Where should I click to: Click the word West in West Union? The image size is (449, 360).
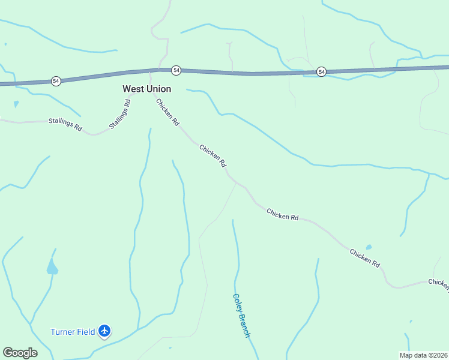coord(133,89)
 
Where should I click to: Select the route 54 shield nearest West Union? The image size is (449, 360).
coord(176,70)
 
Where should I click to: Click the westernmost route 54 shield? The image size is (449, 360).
coord(56,80)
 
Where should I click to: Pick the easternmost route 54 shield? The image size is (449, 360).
coord(322,72)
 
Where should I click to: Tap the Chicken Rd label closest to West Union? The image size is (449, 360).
coord(167,112)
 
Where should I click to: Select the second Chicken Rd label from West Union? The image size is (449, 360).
coord(212,155)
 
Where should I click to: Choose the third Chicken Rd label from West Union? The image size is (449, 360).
coord(282,214)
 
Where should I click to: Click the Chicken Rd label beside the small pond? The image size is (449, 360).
coord(365,257)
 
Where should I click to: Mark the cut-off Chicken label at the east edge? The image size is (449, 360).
coord(438,283)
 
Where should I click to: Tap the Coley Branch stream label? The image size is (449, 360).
coord(241,316)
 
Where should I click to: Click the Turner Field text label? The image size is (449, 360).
coord(73,332)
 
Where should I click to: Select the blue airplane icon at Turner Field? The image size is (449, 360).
coord(105,331)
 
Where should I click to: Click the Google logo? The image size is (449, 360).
coord(20,353)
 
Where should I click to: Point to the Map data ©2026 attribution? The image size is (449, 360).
coord(423,355)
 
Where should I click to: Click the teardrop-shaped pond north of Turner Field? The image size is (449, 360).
coord(52,267)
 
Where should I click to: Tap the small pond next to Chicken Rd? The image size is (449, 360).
coord(369,247)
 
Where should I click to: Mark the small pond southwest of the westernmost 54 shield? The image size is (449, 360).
coord(16,104)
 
